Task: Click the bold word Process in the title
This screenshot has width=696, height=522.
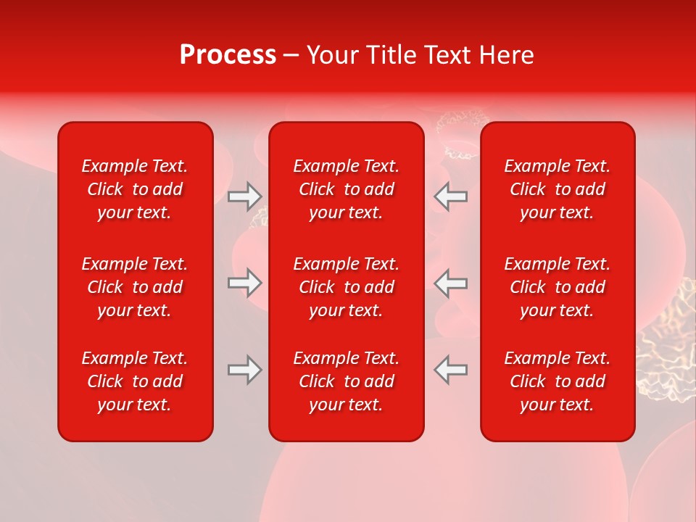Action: [x=228, y=55]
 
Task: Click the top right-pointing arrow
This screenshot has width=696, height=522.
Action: [x=244, y=196]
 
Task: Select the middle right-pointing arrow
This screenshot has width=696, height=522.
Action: [x=244, y=283]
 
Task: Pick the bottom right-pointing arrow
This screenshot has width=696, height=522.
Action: [x=244, y=370]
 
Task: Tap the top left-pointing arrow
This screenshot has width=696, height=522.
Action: [x=451, y=196]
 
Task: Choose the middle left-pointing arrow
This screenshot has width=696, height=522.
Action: [x=451, y=283]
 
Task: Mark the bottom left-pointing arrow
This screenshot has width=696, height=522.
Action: [x=451, y=370]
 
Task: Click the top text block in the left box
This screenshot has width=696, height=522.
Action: [x=135, y=189]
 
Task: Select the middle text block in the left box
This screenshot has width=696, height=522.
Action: [x=135, y=287]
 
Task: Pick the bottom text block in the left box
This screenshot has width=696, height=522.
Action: [x=135, y=381]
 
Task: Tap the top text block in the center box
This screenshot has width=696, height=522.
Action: [x=347, y=189]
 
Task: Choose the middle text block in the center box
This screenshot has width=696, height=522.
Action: [x=347, y=287]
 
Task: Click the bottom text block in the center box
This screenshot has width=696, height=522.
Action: [x=347, y=381]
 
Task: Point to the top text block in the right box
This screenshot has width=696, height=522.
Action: [x=558, y=189]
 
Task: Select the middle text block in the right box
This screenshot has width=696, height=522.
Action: [x=558, y=287]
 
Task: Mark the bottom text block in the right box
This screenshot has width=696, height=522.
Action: [x=558, y=381]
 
